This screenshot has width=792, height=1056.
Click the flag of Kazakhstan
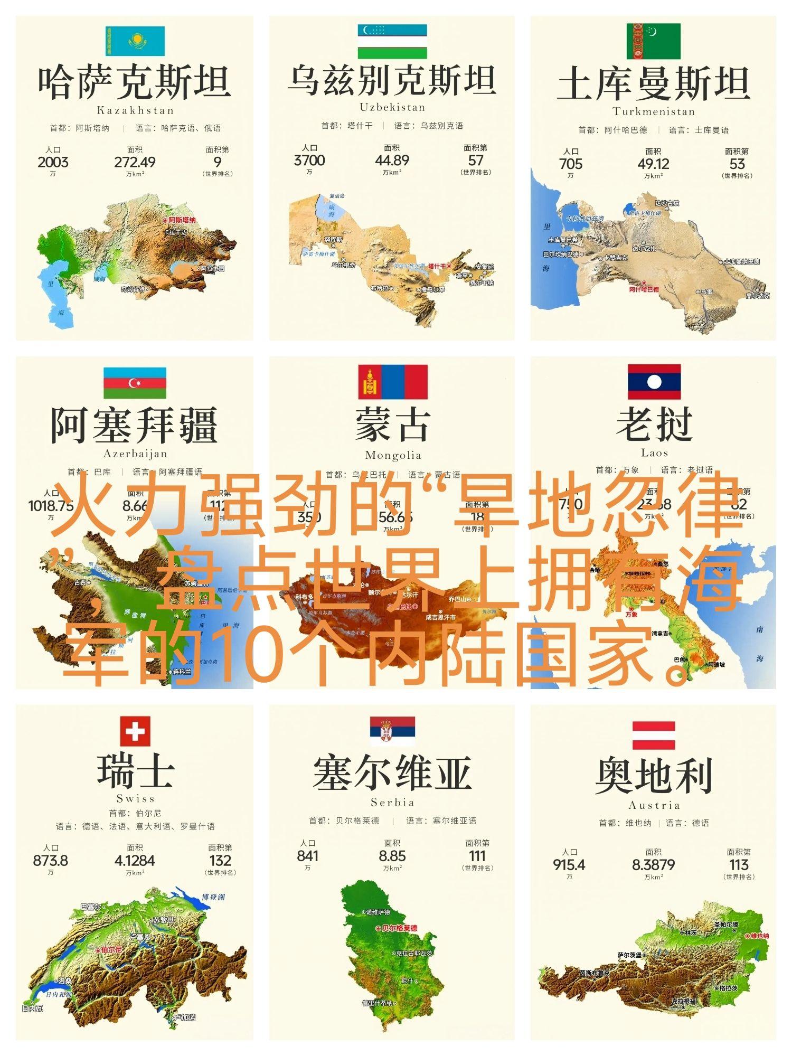click(135, 41)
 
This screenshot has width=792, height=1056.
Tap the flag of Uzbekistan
click(392, 41)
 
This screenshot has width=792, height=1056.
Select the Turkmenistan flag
click(653, 41)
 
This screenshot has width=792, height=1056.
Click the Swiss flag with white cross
click(135, 731)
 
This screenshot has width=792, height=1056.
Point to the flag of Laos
click(654, 382)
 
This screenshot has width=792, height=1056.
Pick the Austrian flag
click(654, 736)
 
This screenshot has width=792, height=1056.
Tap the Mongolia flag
click(393, 382)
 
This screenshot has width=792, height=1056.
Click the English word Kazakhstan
click(135, 110)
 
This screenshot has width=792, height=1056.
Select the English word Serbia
click(392, 802)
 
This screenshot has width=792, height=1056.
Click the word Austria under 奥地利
click(654, 805)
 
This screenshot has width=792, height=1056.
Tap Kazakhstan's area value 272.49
click(135, 162)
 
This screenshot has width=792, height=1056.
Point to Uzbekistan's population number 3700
click(309, 160)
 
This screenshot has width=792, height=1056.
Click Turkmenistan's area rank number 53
click(737, 164)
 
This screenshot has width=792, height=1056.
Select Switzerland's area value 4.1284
click(135, 861)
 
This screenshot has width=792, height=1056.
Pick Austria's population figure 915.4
click(569, 865)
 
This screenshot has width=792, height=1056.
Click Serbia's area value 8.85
click(392, 856)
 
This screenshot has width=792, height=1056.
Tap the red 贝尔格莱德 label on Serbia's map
click(399, 928)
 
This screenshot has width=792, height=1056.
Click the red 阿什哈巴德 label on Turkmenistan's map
click(644, 289)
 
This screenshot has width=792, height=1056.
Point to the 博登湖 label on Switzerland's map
click(213, 897)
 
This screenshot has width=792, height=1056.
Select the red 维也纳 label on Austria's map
click(759, 936)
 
